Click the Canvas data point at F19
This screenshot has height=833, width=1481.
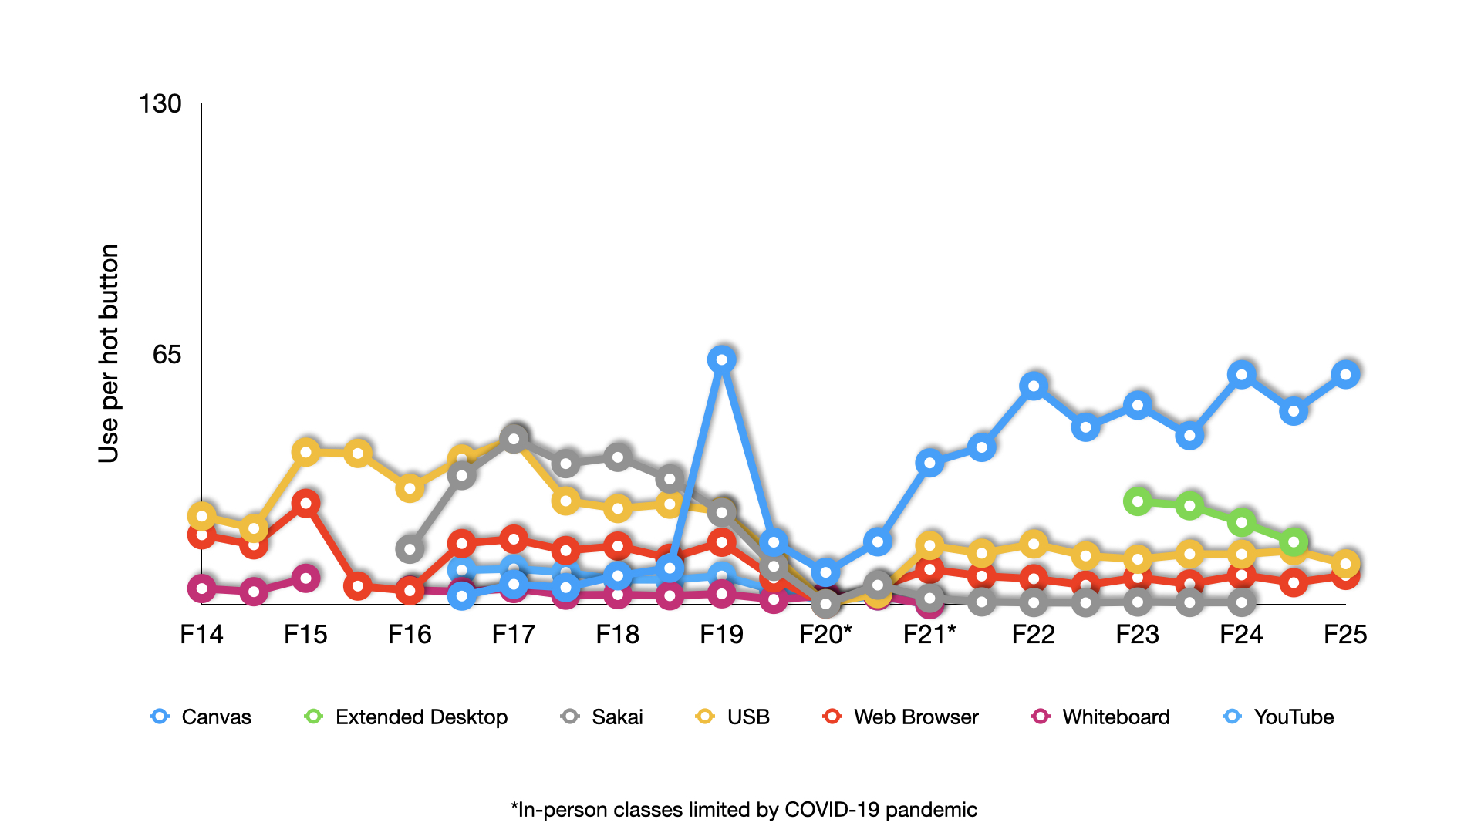tap(721, 359)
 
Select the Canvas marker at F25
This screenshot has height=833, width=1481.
tap(1345, 375)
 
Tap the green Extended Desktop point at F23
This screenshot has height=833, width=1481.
tap(1138, 501)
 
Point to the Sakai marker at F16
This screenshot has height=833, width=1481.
tap(410, 550)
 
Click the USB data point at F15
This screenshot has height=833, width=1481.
tap(306, 452)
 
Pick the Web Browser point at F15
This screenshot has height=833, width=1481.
tap(306, 504)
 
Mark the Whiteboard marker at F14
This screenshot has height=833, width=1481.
tap(202, 588)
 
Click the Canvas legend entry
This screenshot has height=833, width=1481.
tap(201, 717)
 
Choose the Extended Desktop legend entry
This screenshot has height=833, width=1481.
tap(407, 717)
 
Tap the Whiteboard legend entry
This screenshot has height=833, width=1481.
tap(1101, 717)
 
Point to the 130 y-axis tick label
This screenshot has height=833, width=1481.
tap(160, 104)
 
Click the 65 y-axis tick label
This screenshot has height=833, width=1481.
tap(167, 354)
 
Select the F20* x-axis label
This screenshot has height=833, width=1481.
tap(825, 635)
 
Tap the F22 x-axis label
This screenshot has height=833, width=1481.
tap(1033, 635)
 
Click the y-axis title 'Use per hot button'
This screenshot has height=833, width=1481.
tap(109, 353)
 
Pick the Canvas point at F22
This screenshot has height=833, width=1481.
tap(1034, 386)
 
